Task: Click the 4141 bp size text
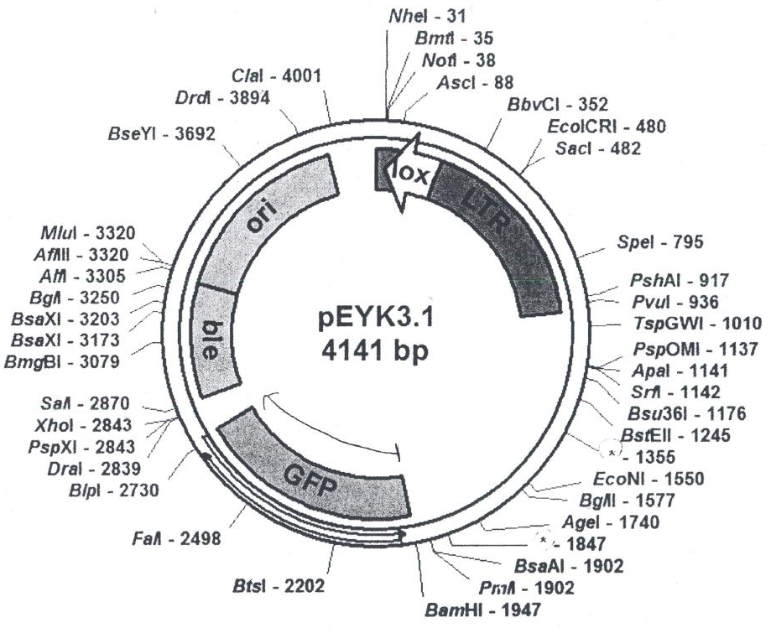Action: pos(375,351)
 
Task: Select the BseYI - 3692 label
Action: pos(162,134)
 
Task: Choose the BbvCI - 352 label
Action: pos(558,105)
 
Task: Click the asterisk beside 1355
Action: pos(612,453)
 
